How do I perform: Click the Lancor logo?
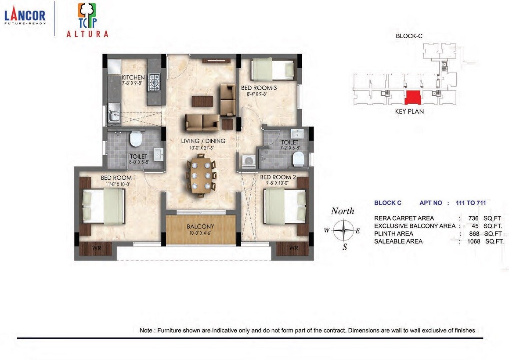25,17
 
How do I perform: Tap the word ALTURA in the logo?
87,34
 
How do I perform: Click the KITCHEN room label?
133,77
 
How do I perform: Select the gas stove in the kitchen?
155,81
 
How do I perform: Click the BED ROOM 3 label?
259,88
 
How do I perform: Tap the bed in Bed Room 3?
272,69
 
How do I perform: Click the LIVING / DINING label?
203,141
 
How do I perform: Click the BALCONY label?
200,226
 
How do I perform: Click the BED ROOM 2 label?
278,178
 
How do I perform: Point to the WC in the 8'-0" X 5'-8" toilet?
136,139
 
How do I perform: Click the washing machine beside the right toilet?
248,161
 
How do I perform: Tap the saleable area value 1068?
473,241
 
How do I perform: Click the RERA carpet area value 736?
473,218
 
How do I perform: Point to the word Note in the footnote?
146,330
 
